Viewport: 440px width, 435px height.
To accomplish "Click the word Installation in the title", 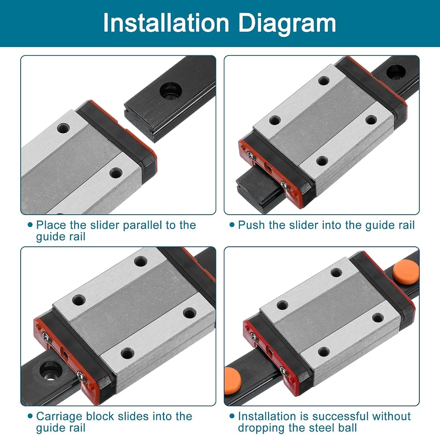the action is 166,23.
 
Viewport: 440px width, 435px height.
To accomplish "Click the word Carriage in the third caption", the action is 59,417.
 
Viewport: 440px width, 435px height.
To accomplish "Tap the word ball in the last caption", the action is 348,428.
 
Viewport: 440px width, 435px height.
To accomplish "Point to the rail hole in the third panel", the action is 51,371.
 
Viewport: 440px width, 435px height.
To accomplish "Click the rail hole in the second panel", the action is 396,72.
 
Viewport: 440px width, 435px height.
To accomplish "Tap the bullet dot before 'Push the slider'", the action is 232,225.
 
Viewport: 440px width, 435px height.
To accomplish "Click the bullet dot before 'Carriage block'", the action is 30,416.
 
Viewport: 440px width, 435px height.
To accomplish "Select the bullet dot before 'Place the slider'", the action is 30,225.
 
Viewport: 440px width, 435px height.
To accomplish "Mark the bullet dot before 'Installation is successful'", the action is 232,416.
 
